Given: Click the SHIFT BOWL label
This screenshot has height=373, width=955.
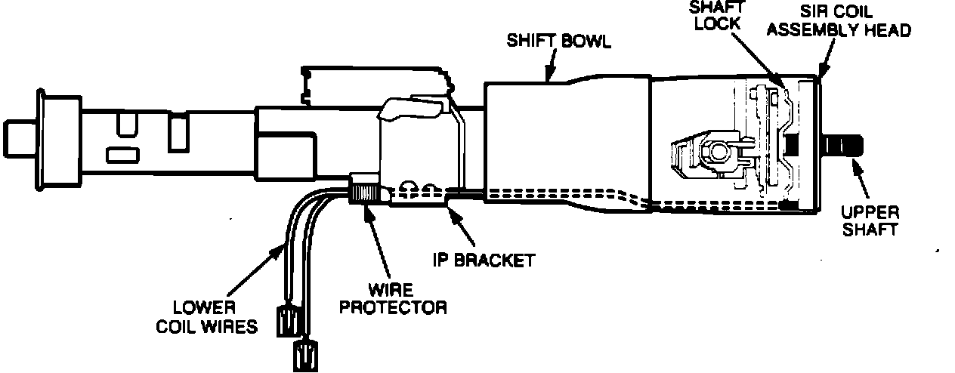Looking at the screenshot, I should pyautogui.click(x=558, y=41).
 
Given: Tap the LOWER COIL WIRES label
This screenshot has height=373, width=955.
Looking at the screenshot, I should pyautogui.click(x=206, y=317).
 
